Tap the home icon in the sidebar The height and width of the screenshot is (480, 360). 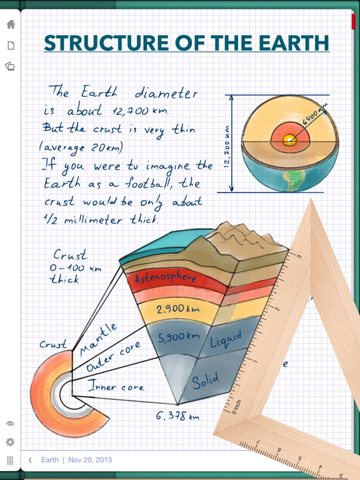click(x=11, y=24)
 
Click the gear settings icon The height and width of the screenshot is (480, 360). click(x=10, y=442)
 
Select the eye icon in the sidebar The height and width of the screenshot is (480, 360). click(x=10, y=423)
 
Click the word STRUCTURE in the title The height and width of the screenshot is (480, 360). click(x=106, y=43)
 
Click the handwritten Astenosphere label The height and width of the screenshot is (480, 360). click(x=165, y=277)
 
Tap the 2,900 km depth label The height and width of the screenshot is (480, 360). click(x=178, y=309)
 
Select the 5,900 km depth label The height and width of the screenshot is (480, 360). click(x=179, y=337)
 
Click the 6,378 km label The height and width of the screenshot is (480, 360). click(x=177, y=416)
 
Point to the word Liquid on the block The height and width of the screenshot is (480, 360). click(x=226, y=339)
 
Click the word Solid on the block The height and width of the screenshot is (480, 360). click(x=206, y=381)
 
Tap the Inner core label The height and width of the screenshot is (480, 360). click(x=116, y=386)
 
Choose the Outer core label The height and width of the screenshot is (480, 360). click(x=114, y=356)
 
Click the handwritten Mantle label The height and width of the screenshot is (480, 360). click(x=98, y=340)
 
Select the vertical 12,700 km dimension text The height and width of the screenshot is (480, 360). click(x=227, y=147)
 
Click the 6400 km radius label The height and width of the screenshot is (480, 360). click(x=315, y=114)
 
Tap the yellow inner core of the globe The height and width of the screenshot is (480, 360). click(x=289, y=140)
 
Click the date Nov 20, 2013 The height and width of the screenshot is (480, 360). click(x=90, y=460)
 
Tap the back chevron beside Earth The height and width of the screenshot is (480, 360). click(x=30, y=460)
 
